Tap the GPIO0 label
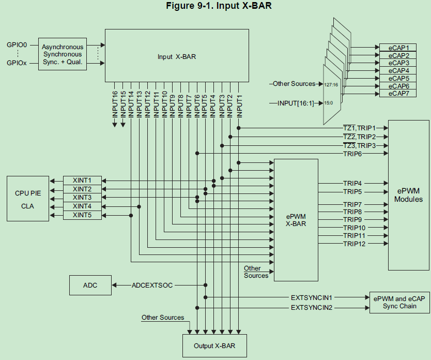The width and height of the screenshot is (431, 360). [16, 45]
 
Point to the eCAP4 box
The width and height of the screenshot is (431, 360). [399, 70]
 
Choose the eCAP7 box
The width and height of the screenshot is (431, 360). [399, 94]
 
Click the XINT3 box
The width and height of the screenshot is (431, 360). [82, 198]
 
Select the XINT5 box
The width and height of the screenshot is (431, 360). [82, 215]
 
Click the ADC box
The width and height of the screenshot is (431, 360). [90, 285]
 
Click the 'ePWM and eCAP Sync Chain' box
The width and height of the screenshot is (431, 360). [398, 302]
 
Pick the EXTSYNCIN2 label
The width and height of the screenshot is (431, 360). [311, 308]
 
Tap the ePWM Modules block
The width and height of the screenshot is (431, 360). [408, 195]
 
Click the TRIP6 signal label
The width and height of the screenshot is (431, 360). [352, 154]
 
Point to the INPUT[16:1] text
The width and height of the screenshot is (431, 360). [296, 103]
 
